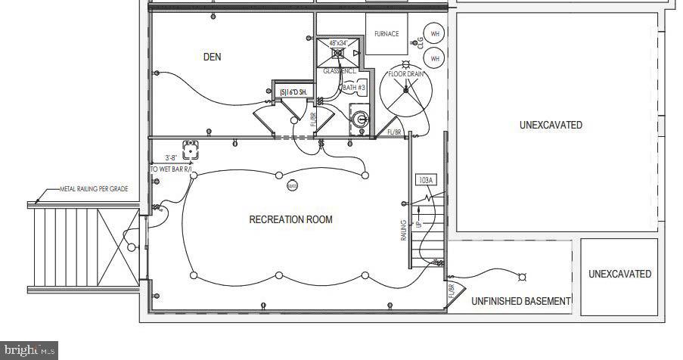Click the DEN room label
pos(213,57)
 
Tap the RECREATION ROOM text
pos(290,219)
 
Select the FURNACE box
pos(387,34)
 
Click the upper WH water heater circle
pos(434,33)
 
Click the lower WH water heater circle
pos(434,57)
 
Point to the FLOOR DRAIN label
pos(406,74)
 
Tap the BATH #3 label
pos(354,88)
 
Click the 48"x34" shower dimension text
pos(334,44)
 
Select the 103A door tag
pos(425,180)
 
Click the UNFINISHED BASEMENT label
pos(520,301)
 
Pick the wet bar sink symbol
pos(191,148)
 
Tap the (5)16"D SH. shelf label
pos(292,92)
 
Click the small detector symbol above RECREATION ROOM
pos(293,185)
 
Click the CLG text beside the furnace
pos(418,44)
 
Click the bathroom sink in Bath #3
pos(360,119)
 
